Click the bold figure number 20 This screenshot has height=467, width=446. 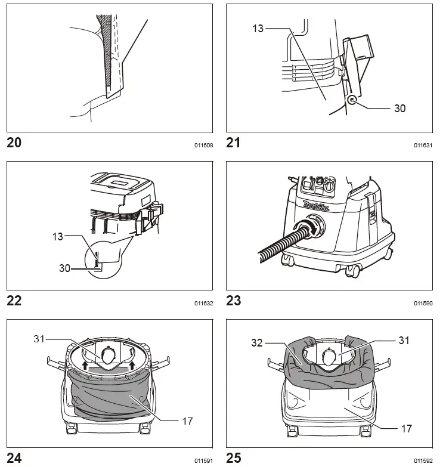point(14,143)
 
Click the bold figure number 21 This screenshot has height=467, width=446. point(234,143)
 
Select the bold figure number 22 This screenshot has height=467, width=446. point(14,301)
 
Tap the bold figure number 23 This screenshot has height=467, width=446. point(234,301)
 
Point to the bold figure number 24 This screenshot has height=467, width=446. point(14,458)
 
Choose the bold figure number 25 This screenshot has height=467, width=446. point(234,458)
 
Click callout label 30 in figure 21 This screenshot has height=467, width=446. point(399,108)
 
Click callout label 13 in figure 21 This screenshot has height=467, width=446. point(258,28)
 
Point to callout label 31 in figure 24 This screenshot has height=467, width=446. point(40,339)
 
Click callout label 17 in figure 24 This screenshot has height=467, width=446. point(187,420)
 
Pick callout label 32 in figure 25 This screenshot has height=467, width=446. point(258,344)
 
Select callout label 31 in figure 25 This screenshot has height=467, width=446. point(404,340)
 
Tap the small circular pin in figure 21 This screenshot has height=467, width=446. point(353,101)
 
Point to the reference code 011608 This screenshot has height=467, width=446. point(203,145)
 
